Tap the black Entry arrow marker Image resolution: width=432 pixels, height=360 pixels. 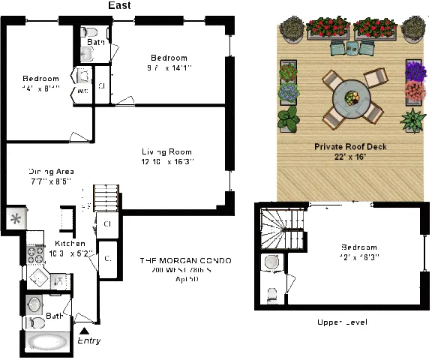click(84, 329)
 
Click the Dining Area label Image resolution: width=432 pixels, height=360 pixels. click(51, 170)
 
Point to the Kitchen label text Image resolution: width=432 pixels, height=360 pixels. click(70, 244)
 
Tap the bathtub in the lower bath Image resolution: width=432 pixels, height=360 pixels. click(46, 343)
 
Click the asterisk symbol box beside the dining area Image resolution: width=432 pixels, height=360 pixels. click(15, 219)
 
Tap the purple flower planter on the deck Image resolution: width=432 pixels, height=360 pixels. click(415, 71)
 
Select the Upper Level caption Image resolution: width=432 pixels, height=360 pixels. click(342, 322)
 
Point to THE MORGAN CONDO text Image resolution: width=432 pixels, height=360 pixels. click(185, 260)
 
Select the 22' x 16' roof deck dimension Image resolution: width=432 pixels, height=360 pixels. click(351, 157)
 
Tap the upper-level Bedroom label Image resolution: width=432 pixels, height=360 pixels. click(359, 247)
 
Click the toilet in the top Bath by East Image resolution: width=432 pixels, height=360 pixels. click(90, 33)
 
